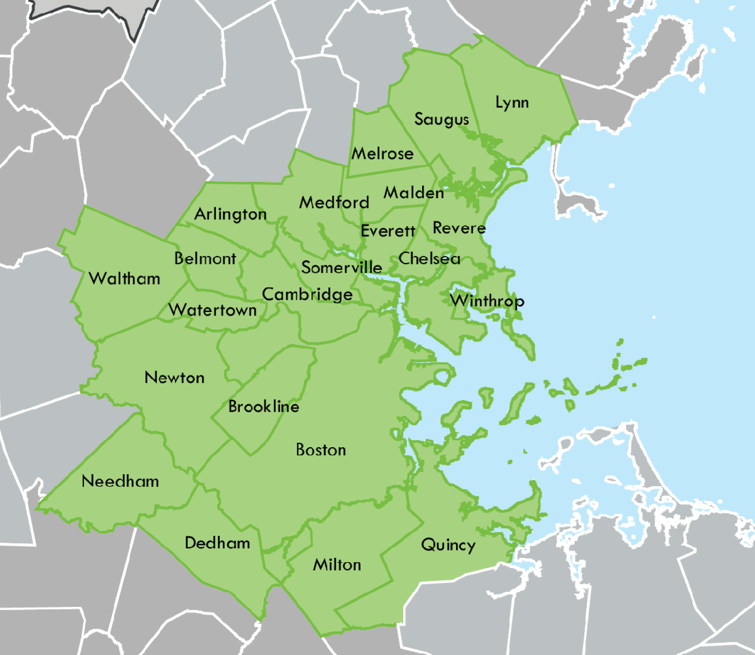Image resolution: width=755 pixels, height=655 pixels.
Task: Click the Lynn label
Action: [512, 103]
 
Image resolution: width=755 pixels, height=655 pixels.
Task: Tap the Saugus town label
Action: [442, 119]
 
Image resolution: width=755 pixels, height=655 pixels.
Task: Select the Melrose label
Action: [383, 153]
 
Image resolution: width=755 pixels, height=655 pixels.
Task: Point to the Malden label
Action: [414, 193]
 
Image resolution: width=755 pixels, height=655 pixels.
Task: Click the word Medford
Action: [334, 202]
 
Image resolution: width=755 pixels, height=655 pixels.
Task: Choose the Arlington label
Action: [230, 214]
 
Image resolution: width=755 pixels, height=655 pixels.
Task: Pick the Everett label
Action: [388, 231]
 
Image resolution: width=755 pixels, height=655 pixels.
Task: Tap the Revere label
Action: [459, 228]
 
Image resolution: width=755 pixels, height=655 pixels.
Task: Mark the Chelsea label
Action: [429, 258]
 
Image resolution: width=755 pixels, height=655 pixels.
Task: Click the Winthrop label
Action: [487, 300]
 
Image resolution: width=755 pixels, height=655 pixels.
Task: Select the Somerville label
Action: [341, 267]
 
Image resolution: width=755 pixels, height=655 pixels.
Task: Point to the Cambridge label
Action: [307, 294]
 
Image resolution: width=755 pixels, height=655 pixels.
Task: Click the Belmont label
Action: [205, 258]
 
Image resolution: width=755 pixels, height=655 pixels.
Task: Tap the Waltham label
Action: [124, 278]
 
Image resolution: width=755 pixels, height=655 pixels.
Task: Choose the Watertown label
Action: [213, 310]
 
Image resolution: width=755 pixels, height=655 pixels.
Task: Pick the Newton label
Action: [174, 378]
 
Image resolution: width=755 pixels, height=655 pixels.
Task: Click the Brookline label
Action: [263, 406]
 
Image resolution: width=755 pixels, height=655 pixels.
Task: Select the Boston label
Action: [321, 450]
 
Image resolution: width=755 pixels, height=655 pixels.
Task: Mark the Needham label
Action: [120, 481]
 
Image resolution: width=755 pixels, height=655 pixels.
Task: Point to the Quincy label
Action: [448, 545]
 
